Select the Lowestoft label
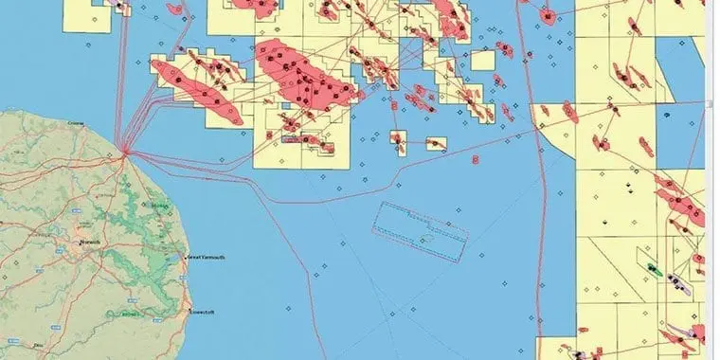[204, 310]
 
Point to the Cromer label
[78, 123]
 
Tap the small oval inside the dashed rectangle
[425, 236]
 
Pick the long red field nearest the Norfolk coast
[195, 89]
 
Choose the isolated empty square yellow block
[483, 61]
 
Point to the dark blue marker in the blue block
[667, 114]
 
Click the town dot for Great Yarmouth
[185, 257]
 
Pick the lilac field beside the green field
[675, 280]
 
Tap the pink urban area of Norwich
[81, 243]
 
